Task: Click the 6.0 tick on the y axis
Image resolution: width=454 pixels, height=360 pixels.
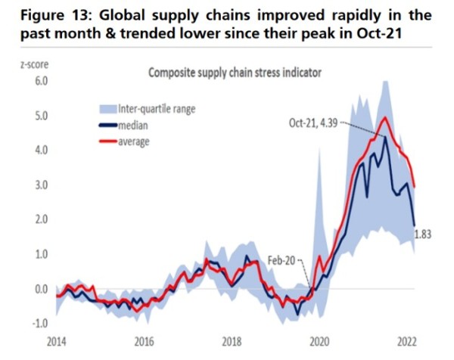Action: (36, 81)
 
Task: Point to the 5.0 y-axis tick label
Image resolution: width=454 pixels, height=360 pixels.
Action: (36, 116)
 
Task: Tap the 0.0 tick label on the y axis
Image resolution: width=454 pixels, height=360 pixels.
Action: (36, 289)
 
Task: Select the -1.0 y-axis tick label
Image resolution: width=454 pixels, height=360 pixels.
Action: (34, 324)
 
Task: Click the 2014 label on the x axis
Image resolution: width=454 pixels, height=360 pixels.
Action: (57, 341)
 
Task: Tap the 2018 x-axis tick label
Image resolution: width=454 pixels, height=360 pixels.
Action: (232, 341)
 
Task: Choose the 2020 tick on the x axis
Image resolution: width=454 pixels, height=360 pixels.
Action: (319, 341)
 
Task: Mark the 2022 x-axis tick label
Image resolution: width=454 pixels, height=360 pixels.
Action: (406, 341)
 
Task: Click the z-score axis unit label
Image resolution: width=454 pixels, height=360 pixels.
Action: (31, 65)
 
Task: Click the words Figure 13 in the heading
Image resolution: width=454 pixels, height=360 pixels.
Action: (54, 15)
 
